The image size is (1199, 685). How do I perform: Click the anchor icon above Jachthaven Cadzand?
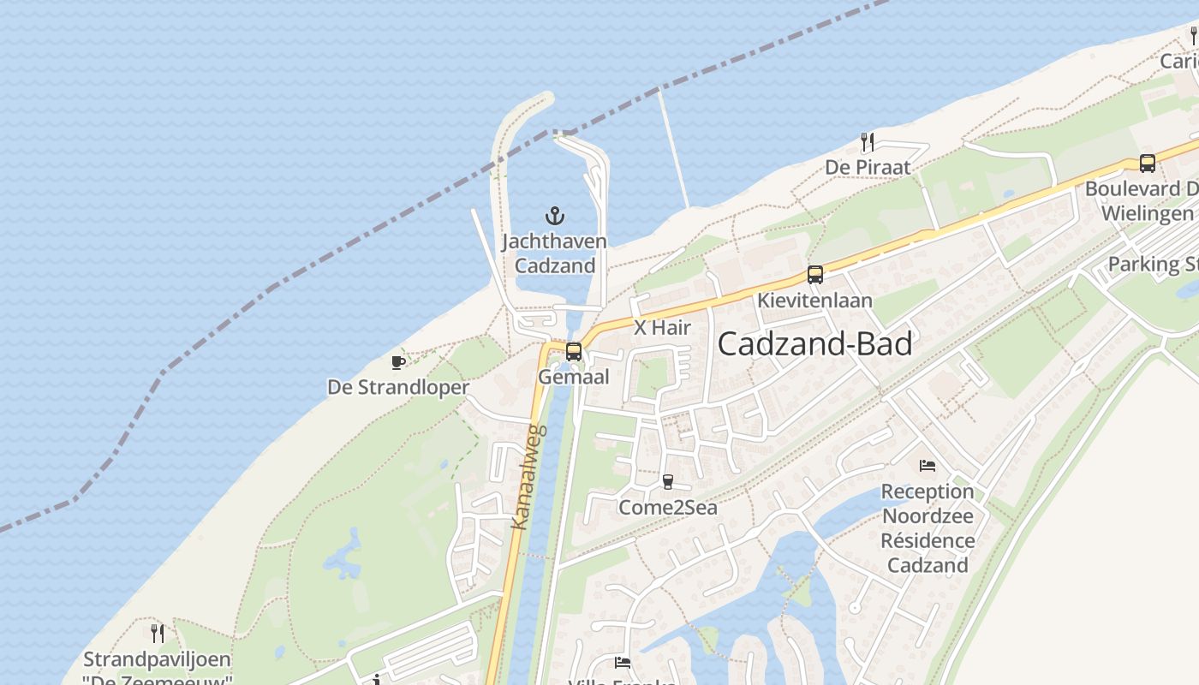pos(555,215)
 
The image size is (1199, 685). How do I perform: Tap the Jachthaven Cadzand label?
pos(554,253)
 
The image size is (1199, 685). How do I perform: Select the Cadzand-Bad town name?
pos(814,344)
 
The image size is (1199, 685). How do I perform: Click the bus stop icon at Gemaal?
pos(574,351)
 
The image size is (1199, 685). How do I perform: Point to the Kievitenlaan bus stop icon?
pos(814,275)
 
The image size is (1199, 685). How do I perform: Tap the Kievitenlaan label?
pos(814,301)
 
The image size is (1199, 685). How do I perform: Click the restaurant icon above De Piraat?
pos(868,142)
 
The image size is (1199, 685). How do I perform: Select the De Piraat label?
pos(868,167)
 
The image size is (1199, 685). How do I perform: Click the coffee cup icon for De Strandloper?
pos(398,362)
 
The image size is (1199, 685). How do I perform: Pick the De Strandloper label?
pos(398,388)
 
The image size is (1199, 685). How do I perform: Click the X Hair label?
pos(662,328)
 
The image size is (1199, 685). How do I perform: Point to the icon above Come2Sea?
pos(668,482)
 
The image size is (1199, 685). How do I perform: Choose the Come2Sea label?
pos(668,508)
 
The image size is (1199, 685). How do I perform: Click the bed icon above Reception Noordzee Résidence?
pos(928,466)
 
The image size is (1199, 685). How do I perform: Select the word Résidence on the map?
pos(928,540)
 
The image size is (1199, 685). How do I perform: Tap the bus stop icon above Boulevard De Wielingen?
pos(1147,163)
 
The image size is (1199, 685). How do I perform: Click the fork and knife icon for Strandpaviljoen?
pos(158,634)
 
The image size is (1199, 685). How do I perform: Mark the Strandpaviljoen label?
pos(157,660)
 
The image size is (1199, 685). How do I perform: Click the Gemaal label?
pos(574,377)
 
